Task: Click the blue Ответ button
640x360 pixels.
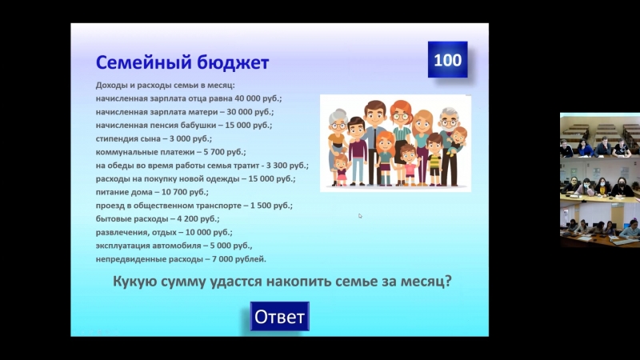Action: tap(279, 316)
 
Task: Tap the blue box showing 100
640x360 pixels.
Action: tap(448, 59)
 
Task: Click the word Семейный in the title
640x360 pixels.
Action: tap(144, 62)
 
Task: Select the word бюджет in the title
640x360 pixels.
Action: tap(233, 62)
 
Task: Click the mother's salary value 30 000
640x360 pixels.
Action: tap(238, 112)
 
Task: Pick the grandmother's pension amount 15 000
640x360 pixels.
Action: tap(237, 125)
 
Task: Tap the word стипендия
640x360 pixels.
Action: tap(117, 138)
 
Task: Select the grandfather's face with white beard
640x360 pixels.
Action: tap(449, 122)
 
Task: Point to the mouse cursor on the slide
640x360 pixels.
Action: tap(360, 216)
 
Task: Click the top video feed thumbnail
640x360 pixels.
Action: tap(600, 136)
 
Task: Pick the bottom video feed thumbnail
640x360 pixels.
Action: tap(600, 224)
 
